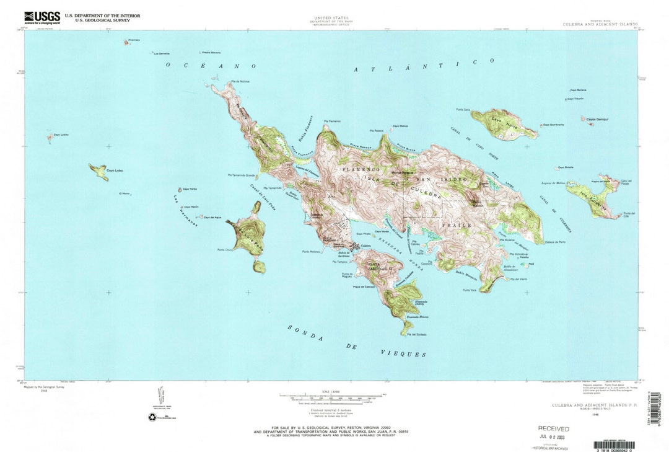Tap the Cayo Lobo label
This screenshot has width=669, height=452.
coord(115,171)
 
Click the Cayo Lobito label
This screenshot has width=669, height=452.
coord(61,135)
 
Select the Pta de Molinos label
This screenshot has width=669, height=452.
coord(240,82)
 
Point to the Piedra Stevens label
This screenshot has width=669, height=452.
coord(211,53)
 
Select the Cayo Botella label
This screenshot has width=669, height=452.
coord(566,167)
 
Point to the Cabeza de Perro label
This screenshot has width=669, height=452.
coord(555,241)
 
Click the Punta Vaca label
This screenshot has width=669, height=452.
coord(469,290)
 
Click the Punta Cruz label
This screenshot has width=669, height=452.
coord(224,250)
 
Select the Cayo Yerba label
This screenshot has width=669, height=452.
coord(190,190)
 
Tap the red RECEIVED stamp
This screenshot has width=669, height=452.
coord(553,428)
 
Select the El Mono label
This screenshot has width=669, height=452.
coord(125,193)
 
